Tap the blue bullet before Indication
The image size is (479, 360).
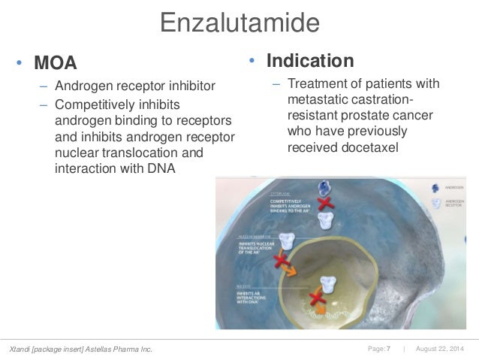[253, 60]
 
